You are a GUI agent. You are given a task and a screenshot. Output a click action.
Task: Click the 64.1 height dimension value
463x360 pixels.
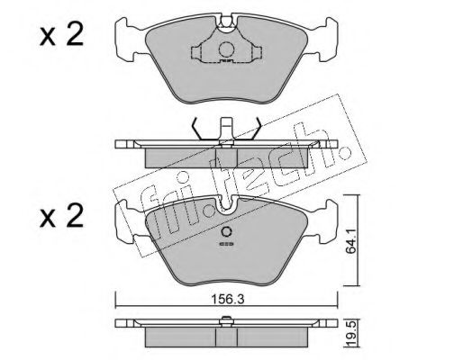pos(350,240)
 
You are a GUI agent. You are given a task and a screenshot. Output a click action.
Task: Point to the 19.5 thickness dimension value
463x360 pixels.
pos(350,333)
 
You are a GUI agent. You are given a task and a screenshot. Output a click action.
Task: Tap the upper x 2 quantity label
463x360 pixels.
pos(61,35)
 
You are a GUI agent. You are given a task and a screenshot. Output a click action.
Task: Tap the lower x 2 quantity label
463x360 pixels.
pos(61,215)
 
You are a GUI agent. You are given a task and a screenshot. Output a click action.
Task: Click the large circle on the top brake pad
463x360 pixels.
pos(226,49)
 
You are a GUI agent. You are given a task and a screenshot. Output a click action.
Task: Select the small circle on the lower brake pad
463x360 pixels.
pos(226,231)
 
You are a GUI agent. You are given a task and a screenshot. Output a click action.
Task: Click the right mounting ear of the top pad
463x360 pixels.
pos(326,40)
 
